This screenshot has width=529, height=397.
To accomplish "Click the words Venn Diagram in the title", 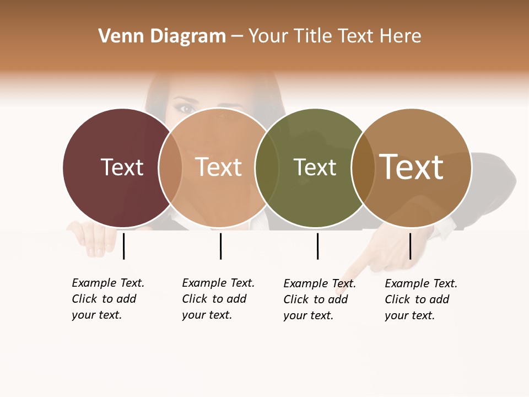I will point(162,36).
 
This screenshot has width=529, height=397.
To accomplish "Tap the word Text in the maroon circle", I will point(122,167).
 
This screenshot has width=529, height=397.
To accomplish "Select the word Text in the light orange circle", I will point(219,167).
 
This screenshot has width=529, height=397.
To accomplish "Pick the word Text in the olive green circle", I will point(315,167).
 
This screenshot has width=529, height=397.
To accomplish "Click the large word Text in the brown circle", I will point(412,167).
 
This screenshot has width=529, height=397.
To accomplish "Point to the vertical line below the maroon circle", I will point(124,246).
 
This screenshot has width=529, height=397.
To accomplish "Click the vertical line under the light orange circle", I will point(220,246).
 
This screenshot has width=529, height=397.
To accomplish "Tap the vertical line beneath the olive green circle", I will point(317,246).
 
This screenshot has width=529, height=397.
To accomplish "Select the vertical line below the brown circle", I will point(410,246).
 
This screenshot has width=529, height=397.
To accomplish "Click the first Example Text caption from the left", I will point(107,299).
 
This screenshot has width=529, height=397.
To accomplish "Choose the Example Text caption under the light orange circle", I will point(218,299).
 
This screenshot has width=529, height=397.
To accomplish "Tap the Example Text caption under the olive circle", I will point(319,299).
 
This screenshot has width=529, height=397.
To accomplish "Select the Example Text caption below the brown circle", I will point(420,299).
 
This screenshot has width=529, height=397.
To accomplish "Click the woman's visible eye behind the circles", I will point(186,109).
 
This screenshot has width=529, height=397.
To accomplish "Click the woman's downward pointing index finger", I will point(358,267).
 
